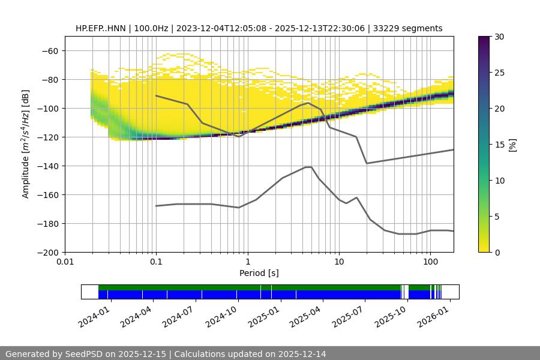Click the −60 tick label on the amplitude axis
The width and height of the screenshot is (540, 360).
click(x=50, y=51)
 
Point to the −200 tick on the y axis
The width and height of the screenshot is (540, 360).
click(x=47, y=253)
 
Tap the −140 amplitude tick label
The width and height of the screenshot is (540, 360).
click(x=47, y=166)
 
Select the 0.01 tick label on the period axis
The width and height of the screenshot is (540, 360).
click(x=65, y=262)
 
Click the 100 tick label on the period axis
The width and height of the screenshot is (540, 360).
click(x=430, y=262)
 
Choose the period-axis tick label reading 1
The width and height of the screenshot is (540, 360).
click(x=247, y=262)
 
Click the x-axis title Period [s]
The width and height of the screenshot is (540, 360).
click(x=259, y=273)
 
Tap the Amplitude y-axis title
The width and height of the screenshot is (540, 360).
click(x=26, y=145)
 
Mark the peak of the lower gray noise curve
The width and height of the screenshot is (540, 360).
click(x=308, y=167)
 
